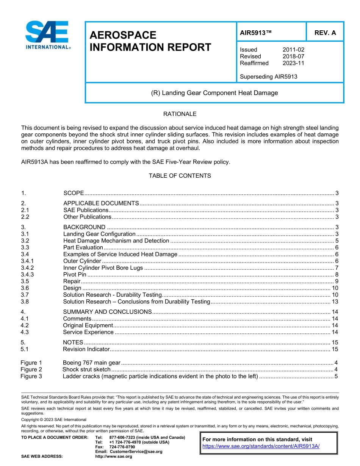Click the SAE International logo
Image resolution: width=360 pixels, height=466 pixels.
tap(47, 35)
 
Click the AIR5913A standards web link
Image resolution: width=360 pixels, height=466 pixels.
tap(261, 446)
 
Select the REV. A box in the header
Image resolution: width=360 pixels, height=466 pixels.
tap(325, 33)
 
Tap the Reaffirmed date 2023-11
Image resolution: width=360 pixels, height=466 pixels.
tap(293, 63)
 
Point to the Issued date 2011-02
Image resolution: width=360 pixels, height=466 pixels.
tap(293, 50)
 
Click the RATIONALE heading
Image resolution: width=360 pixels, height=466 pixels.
tap(180, 114)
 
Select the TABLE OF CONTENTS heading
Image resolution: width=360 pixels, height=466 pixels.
tap(180, 176)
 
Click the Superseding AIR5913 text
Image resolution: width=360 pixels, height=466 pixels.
tap(268, 77)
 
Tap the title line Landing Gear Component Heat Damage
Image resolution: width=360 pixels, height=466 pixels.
tap(214, 93)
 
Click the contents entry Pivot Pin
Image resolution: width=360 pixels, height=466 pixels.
tap(75, 275)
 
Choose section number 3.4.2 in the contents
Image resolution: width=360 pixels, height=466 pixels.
tap(27, 268)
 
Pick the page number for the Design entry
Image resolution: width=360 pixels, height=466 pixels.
tap(335, 288)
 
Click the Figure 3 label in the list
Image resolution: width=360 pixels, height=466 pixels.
tap(31, 376)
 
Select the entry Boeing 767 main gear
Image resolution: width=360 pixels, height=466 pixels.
tap(91, 363)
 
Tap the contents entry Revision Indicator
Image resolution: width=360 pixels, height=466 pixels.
tap(86, 349)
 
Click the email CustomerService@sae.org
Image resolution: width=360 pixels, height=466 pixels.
tap(136, 452)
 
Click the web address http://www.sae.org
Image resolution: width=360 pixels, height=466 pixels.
tap(114, 457)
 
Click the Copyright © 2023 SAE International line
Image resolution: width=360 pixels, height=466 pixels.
tap(54, 420)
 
